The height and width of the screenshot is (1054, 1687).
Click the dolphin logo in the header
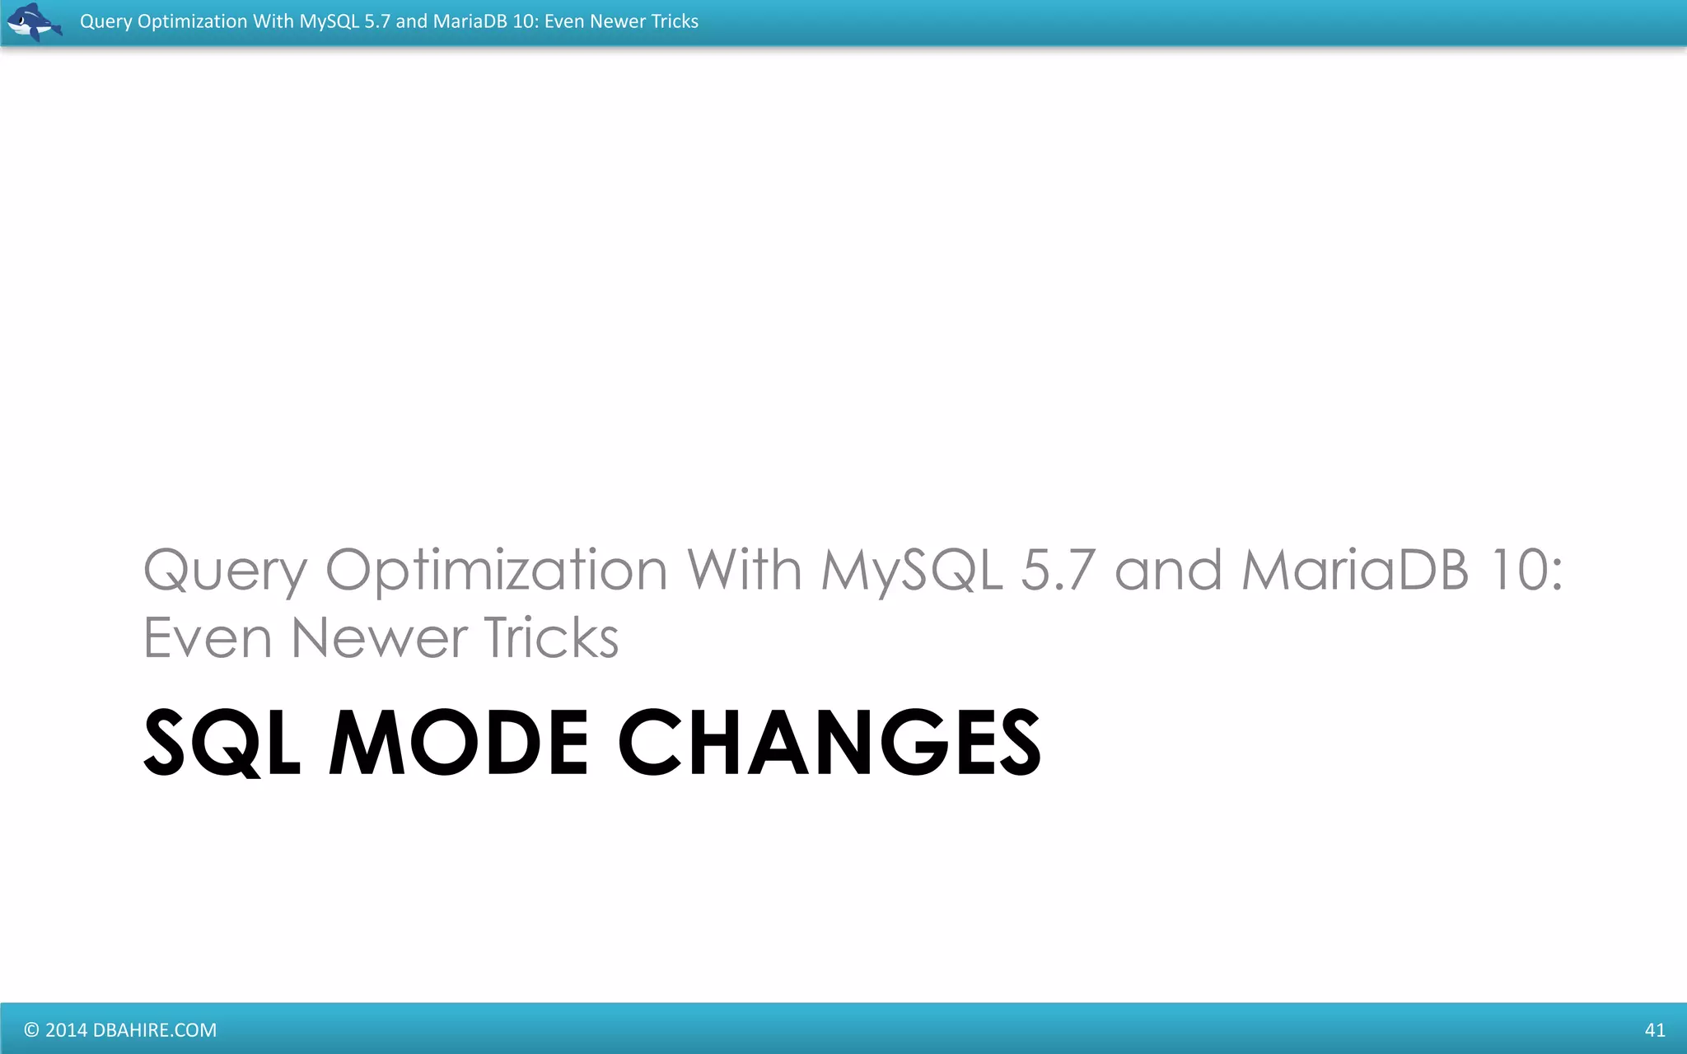tap(34, 22)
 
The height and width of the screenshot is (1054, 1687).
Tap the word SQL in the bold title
tap(221, 743)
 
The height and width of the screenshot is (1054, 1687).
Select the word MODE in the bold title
tap(458, 743)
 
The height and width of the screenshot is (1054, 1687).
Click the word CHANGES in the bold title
tap(829, 743)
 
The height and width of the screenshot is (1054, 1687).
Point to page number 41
tap(1654, 1030)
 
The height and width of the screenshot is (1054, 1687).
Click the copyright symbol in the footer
tap(31, 1030)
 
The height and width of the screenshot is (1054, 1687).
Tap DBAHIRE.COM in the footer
tap(155, 1030)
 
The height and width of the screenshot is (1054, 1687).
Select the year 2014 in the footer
tap(66, 1030)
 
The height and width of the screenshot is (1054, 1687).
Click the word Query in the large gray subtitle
tap(225, 571)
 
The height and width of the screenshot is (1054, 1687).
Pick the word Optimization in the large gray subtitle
tap(496, 571)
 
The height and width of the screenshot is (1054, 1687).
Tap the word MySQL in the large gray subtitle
tap(912, 571)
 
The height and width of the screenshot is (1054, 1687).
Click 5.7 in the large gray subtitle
tap(1058, 569)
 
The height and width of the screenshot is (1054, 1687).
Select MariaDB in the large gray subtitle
tap(1355, 569)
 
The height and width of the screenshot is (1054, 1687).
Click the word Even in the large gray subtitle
tap(207, 638)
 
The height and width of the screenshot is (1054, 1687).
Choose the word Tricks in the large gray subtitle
tap(550, 638)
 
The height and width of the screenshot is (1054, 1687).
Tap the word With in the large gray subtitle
tap(744, 569)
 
